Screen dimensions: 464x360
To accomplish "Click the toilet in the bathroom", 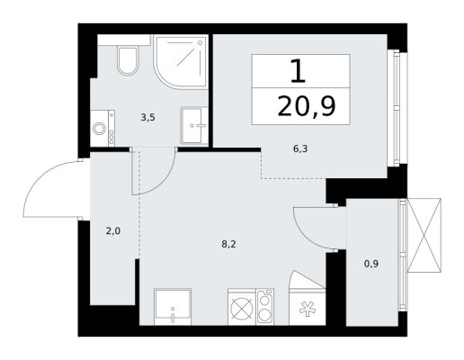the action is [128, 60].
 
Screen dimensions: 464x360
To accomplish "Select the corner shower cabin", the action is [181, 61].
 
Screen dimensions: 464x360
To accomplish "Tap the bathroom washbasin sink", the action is [194, 125].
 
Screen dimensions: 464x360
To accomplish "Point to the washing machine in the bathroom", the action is [103, 129].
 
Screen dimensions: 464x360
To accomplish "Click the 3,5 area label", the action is [147, 117].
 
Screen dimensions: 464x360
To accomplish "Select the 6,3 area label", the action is [300, 148].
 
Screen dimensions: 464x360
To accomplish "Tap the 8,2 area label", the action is [229, 244].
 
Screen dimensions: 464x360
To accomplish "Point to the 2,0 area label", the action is [113, 231].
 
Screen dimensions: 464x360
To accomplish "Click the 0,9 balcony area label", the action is [371, 264].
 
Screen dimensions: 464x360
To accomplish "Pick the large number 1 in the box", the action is [299, 71].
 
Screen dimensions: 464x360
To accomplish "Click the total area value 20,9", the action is [307, 106].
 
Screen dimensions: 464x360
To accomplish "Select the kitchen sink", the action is [173, 307].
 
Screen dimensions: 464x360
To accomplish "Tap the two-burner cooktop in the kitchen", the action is [265, 307].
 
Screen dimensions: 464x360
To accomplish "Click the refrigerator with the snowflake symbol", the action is [308, 307].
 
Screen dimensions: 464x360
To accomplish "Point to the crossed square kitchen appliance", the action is [242, 307].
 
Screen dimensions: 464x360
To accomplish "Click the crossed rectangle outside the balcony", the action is [424, 235].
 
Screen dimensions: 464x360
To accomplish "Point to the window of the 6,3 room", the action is [397, 108].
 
